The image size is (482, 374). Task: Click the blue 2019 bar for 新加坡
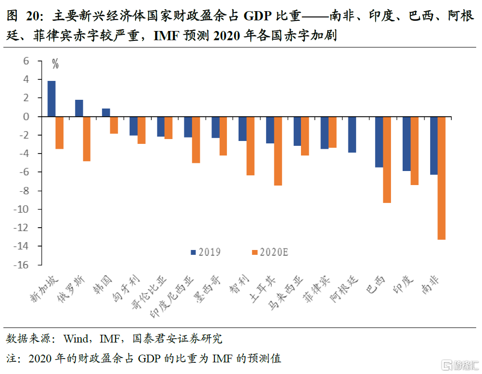(x=51, y=98)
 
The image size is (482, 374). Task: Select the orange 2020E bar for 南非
(x=441, y=178)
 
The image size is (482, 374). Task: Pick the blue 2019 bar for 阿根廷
(x=352, y=135)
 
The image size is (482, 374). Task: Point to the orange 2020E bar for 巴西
(x=387, y=159)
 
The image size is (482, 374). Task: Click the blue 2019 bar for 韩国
(x=106, y=112)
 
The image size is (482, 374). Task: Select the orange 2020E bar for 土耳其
(x=278, y=151)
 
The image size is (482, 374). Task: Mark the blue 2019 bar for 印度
(x=407, y=144)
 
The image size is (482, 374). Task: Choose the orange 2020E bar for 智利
(x=250, y=146)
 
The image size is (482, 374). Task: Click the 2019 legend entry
(x=206, y=252)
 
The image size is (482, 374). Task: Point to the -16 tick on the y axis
(x=24, y=265)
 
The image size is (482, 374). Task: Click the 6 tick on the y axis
(x=26, y=61)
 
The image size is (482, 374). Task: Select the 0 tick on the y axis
(x=26, y=117)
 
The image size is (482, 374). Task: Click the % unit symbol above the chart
(x=56, y=63)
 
